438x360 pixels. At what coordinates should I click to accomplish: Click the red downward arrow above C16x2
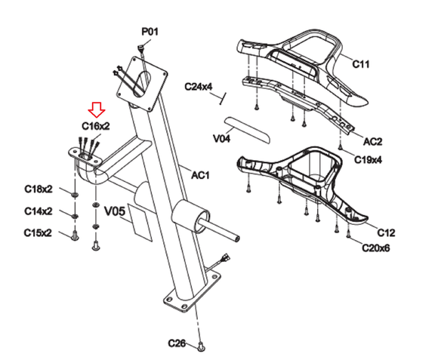coord(97,109)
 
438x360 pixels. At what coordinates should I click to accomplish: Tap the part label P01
coord(150,32)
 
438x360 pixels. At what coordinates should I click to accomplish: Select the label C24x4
coord(199,87)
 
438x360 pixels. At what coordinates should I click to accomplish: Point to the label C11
coord(361,64)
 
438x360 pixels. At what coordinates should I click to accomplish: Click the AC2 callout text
coord(372,141)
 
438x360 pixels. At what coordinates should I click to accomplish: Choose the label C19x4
coord(368,160)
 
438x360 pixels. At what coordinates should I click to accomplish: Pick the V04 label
coord(221,138)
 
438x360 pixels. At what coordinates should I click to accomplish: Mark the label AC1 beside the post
coord(200,175)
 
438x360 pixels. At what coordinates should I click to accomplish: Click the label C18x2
coord(39,189)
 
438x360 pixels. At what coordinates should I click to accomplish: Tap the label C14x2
coord(39,211)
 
